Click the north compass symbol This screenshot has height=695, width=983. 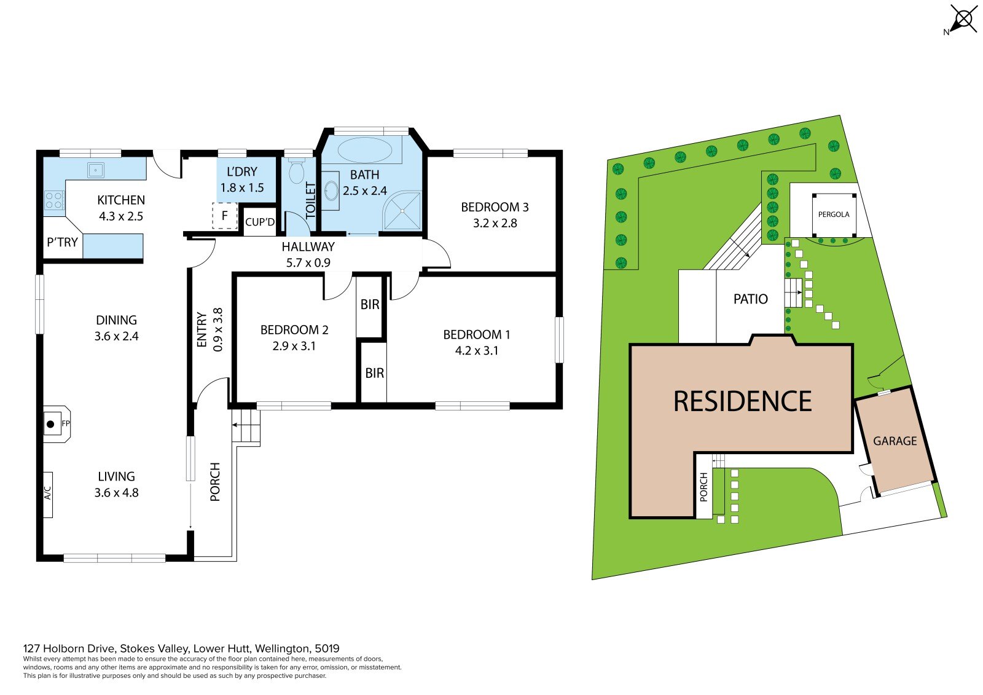[963, 19]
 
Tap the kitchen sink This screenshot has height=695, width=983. [95, 170]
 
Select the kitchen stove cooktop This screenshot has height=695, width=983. [54, 201]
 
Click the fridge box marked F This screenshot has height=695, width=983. [225, 216]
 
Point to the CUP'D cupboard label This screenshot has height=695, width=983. [260, 222]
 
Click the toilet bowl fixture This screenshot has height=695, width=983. [297, 171]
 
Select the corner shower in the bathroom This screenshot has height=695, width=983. [402, 211]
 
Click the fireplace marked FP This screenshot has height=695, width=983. [57, 424]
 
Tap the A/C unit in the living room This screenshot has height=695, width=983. [48, 495]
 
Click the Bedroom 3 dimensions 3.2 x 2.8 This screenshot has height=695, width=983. [495, 223]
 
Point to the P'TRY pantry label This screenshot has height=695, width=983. [62, 242]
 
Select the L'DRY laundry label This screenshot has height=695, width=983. [242, 171]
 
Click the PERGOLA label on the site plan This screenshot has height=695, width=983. [834, 214]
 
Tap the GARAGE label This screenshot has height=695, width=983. [895, 441]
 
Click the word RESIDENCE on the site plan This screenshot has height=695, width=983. [743, 401]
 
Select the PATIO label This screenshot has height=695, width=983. [751, 299]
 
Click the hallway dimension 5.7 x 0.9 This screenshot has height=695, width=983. [308, 263]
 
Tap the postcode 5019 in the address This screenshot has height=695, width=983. [327, 648]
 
